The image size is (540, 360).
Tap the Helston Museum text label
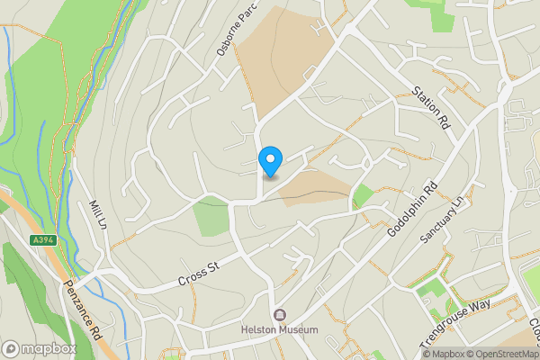280,329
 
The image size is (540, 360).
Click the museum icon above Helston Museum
280,314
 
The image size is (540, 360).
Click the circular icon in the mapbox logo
12,348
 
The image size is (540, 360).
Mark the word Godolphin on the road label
406,218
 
